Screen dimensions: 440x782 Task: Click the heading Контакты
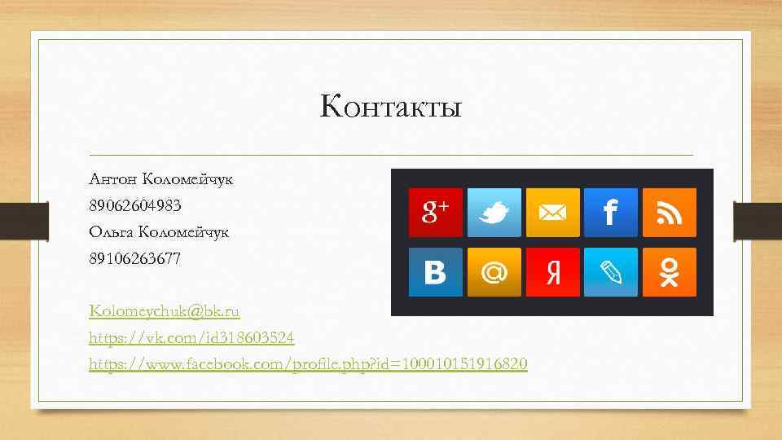pos(391,107)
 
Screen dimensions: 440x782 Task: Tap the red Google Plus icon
pos(435,213)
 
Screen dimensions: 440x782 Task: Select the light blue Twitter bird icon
pos(494,213)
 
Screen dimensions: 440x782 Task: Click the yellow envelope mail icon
pos(552,213)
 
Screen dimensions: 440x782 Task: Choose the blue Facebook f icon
pos(611,213)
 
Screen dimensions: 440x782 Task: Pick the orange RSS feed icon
pos(670,213)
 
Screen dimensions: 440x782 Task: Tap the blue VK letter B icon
pos(435,272)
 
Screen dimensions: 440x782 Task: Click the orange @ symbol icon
pos(494,272)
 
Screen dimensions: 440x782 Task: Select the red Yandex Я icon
pos(552,272)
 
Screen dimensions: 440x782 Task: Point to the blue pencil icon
pos(611,272)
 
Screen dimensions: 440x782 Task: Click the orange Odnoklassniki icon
pos(670,272)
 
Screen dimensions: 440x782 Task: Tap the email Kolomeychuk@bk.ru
pos(165,311)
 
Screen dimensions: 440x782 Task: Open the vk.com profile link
pos(192,337)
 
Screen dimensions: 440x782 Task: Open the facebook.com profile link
pos(308,363)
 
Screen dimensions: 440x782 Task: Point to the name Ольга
pos(112,231)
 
